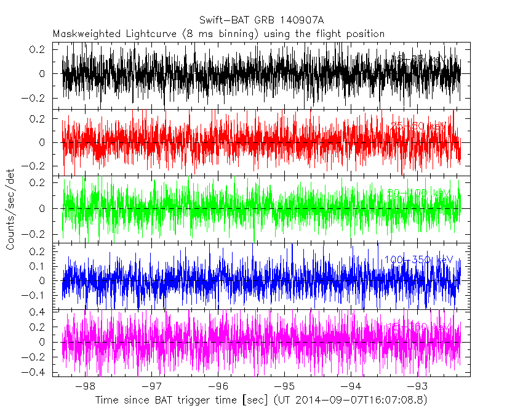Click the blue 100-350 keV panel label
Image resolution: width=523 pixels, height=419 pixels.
(418, 260)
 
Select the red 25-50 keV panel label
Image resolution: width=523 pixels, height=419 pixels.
(419, 126)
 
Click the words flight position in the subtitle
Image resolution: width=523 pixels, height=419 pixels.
(352, 34)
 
